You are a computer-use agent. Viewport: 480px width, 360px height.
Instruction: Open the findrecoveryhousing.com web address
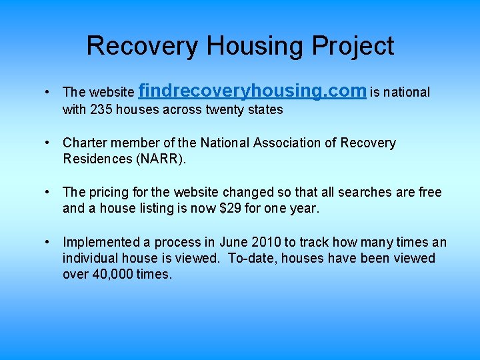(253, 91)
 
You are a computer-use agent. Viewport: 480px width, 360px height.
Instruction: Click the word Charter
(84, 143)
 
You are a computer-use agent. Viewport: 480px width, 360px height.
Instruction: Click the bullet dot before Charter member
(49, 143)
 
